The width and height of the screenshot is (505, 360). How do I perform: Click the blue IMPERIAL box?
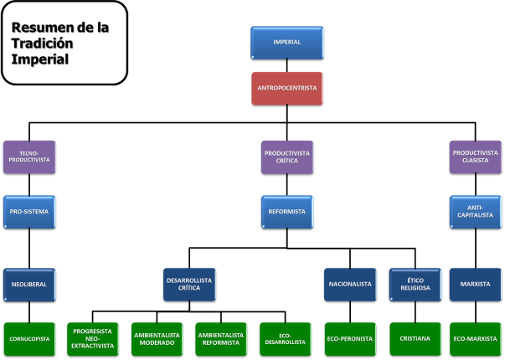[x=286, y=42]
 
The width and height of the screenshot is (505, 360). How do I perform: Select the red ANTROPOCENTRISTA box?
[x=286, y=88]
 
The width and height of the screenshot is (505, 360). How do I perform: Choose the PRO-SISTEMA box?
[x=29, y=212]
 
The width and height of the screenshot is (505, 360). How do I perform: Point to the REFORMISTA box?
[x=286, y=212]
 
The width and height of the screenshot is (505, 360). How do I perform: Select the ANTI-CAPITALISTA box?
[x=475, y=212]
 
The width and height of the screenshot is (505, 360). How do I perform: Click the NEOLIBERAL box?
[x=29, y=284]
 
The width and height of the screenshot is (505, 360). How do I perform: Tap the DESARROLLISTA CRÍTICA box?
[x=188, y=284]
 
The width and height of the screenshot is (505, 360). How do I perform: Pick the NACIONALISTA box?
[x=349, y=284]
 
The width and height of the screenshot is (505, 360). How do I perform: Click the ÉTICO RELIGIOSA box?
[x=414, y=284]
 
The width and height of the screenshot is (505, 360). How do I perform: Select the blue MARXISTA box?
[x=475, y=284]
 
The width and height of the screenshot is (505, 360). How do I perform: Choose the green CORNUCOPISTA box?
[x=29, y=338]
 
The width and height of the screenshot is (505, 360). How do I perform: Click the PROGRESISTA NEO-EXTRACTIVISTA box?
[x=93, y=338]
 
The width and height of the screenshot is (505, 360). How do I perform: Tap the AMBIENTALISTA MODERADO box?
[x=157, y=338]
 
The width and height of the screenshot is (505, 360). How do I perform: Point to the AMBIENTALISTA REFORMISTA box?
[x=221, y=338]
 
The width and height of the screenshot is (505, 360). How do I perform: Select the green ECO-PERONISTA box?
[x=349, y=338]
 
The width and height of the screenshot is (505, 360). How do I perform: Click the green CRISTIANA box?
[x=414, y=338]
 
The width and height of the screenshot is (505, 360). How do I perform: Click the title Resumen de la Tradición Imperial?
[x=64, y=43]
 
